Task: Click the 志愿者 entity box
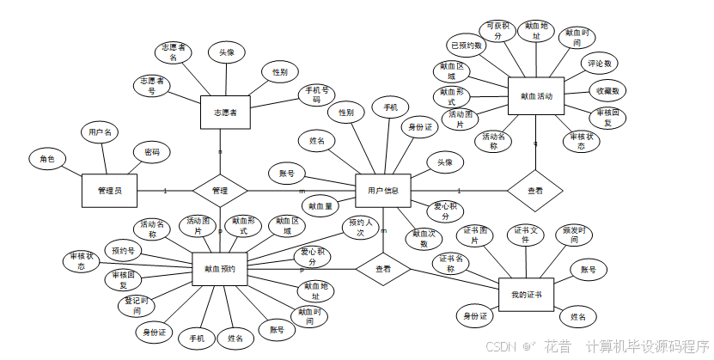225,112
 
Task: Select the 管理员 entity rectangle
109,190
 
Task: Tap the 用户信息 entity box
382,190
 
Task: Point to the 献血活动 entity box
536,96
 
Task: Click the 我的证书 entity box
526,295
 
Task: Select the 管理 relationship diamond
219,190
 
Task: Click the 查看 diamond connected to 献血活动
534,191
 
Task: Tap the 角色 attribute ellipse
46,159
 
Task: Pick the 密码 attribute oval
151,152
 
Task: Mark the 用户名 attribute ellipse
101,132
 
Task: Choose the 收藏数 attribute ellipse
607,90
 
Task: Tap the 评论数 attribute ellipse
600,64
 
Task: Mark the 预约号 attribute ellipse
122,251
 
